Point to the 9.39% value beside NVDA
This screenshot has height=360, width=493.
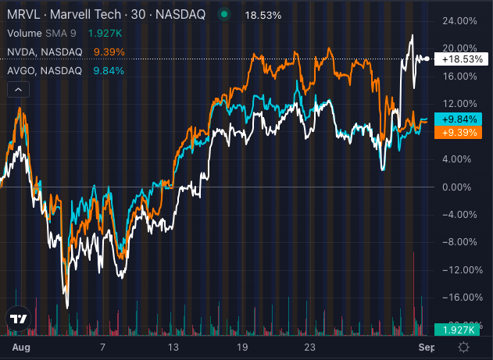tap(109, 52)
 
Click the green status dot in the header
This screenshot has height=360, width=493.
tap(224, 15)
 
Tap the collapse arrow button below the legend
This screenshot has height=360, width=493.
tap(17, 90)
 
